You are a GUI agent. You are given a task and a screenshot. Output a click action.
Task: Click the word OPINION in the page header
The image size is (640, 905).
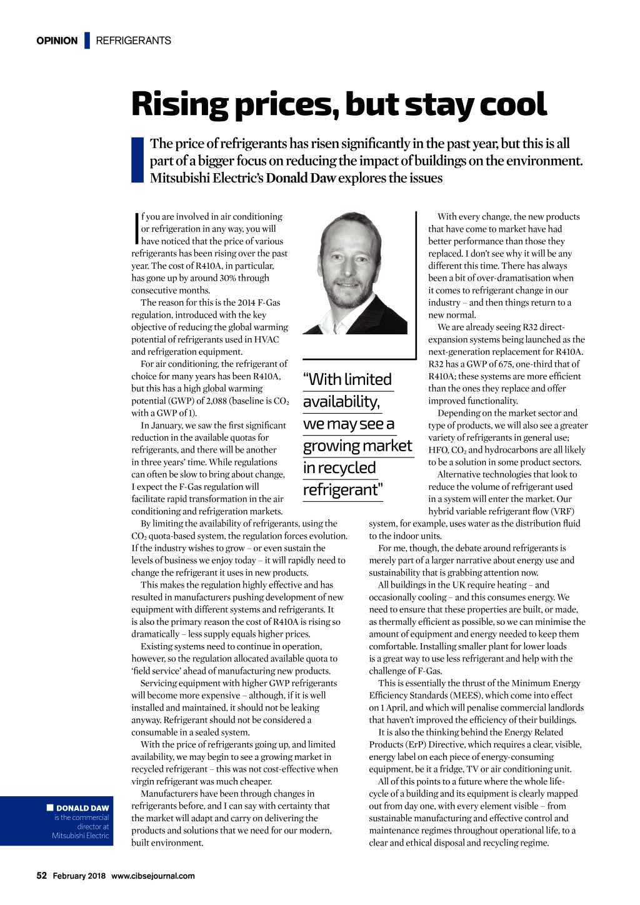57,41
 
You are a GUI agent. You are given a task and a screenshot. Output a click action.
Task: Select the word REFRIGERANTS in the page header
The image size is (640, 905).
133,41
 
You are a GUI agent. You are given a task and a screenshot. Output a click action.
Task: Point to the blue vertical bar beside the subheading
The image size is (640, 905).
137,160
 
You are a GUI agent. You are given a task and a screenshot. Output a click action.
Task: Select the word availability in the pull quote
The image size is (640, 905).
341,401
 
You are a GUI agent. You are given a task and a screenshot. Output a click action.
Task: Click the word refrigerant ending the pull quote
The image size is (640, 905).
341,490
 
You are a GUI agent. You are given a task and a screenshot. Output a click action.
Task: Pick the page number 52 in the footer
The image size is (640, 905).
41,876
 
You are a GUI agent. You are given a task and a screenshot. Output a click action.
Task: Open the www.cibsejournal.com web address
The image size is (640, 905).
153,876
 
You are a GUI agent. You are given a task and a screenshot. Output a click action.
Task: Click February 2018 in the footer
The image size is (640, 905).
79,876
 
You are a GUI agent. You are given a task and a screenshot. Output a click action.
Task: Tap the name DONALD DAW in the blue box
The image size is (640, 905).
82,808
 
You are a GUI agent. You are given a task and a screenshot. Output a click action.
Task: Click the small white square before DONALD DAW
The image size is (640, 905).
50,807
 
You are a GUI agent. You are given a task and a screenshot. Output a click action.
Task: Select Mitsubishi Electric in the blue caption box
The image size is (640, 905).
81,836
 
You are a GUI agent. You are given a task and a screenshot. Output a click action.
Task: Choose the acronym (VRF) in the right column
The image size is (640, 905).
562,511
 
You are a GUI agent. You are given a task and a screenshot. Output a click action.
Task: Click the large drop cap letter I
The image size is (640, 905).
136,229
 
